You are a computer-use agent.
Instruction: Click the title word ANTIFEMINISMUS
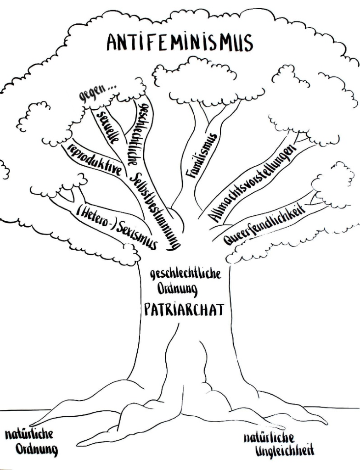tap(180, 43)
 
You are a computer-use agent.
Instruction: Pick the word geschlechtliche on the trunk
tap(186, 274)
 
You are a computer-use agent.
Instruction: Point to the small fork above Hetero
tap(71, 195)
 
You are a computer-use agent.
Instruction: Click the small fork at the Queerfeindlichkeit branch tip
tap(317, 198)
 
